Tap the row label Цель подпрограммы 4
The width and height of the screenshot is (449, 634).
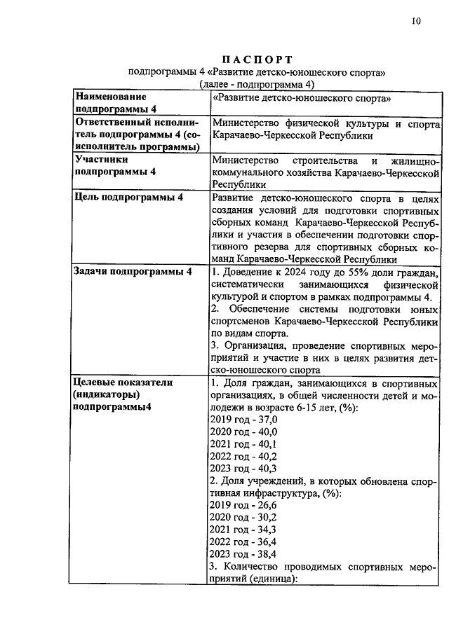click(130, 198)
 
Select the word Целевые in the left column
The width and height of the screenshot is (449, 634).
click(98, 383)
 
